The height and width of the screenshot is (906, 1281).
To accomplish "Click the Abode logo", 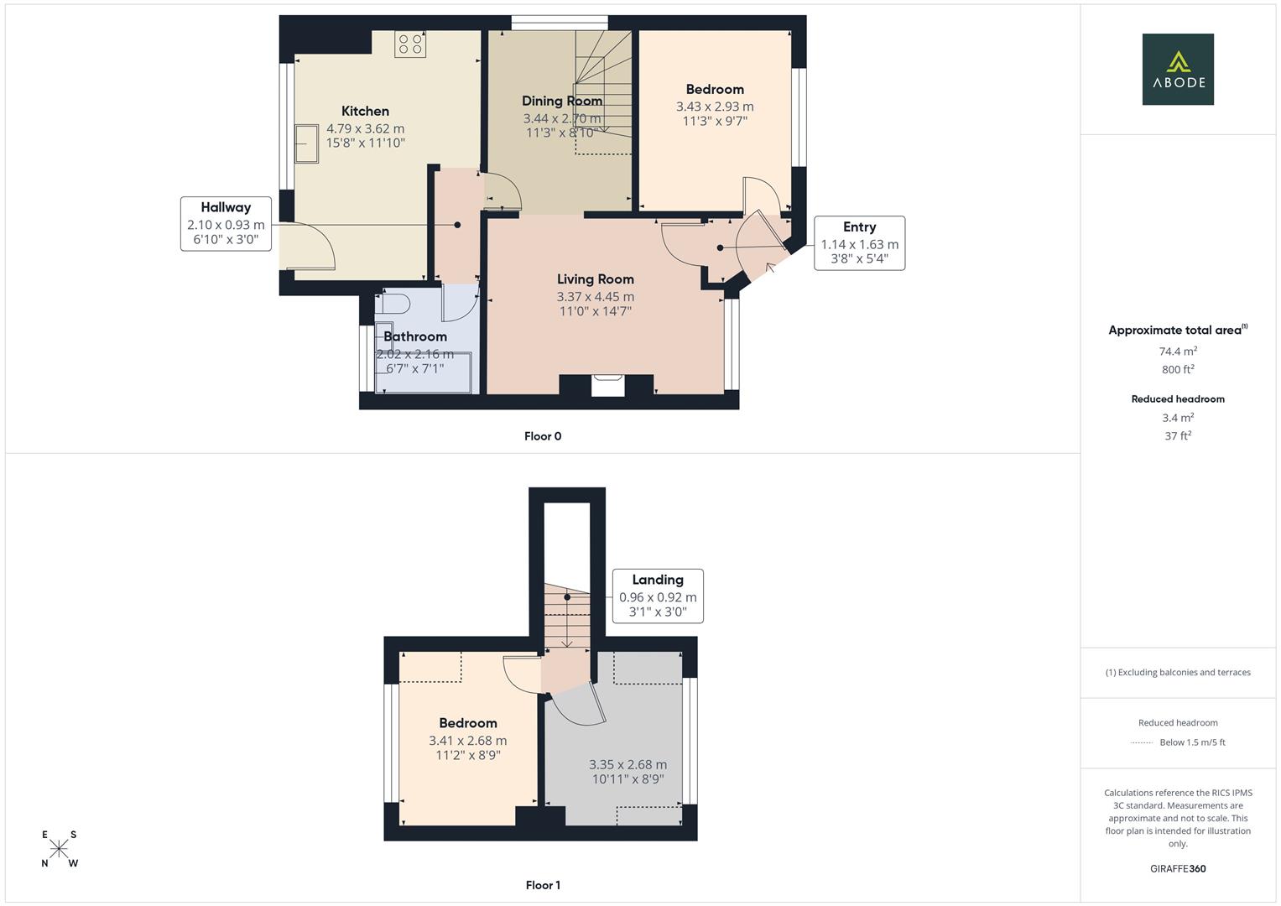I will pyautogui.click(x=1177, y=70).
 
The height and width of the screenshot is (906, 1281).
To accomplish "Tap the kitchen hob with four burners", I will pyautogui.click(x=410, y=44).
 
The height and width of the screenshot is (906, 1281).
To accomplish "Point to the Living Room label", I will pyautogui.click(x=595, y=279).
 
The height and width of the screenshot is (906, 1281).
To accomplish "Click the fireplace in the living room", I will pyautogui.click(x=607, y=384).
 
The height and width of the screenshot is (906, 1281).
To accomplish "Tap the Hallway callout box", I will pyautogui.click(x=225, y=222).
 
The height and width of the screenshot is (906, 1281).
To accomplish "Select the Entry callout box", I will pyautogui.click(x=859, y=243).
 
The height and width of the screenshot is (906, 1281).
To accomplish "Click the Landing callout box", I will pyautogui.click(x=657, y=596).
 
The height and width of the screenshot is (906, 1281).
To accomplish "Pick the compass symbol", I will pyautogui.click(x=59, y=849).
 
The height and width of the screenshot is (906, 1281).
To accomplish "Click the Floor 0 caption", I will pyautogui.click(x=543, y=436).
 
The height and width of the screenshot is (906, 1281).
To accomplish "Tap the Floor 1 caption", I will pyautogui.click(x=543, y=885).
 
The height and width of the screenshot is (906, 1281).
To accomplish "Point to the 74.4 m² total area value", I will pyautogui.click(x=1177, y=351).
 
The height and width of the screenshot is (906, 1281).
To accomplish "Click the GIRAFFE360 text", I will pyautogui.click(x=1177, y=868).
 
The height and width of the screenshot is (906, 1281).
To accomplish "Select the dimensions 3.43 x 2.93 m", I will pyautogui.click(x=715, y=107).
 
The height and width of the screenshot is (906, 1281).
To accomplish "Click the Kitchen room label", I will pyautogui.click(x=365, y=111).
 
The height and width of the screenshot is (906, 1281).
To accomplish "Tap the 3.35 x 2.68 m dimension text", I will pyautogui.click(x=627, y=764).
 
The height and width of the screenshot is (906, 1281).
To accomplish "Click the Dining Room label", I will pyautogui.click(x=562, y=101).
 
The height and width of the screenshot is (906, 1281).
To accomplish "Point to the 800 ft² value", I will pyautogui.click(x=1177, y=369).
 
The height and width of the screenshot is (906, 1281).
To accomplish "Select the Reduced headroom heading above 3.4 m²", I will pyautogui.click(x=1177, y=399).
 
